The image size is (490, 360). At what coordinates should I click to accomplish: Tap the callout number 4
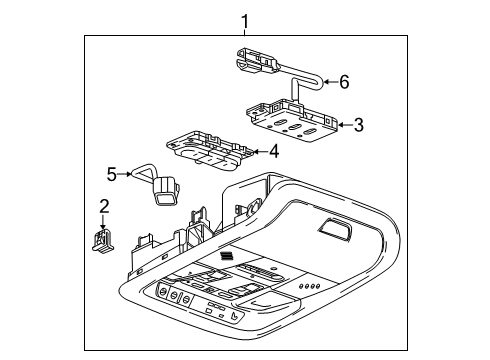pyautogui.click(x=273, y=153)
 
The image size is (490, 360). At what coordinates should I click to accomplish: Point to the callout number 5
pyautogui.click(x=112, y=174)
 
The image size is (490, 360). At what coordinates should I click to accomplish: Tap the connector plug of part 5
pyautogui.click(x=164, y=189)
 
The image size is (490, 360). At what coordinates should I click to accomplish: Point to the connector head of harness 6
pyautogui.click(x=255, y=62)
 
